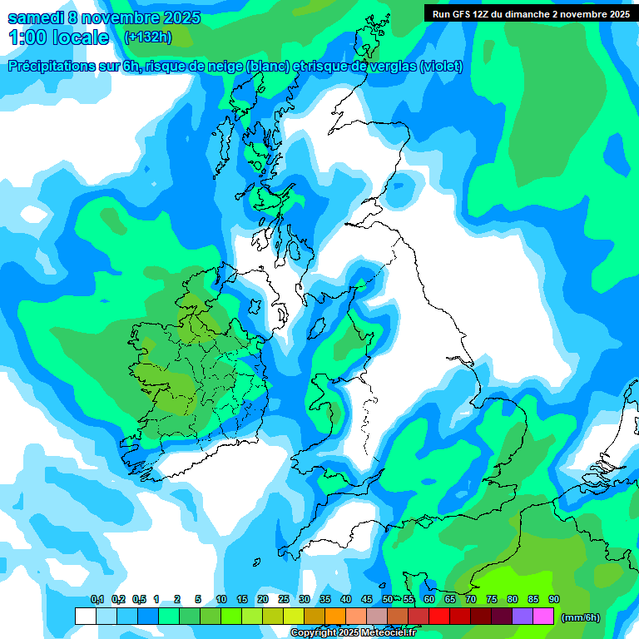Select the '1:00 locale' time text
58,37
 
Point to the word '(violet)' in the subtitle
441,67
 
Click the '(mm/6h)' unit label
580,617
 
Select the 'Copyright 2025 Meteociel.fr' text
353,633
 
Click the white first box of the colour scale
86,616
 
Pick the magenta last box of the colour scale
543,616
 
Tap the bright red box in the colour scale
439,616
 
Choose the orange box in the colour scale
335,616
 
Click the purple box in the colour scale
523,616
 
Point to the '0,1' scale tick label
97,600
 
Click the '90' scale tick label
554,600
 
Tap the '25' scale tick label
284,600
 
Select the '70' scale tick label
471,600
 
